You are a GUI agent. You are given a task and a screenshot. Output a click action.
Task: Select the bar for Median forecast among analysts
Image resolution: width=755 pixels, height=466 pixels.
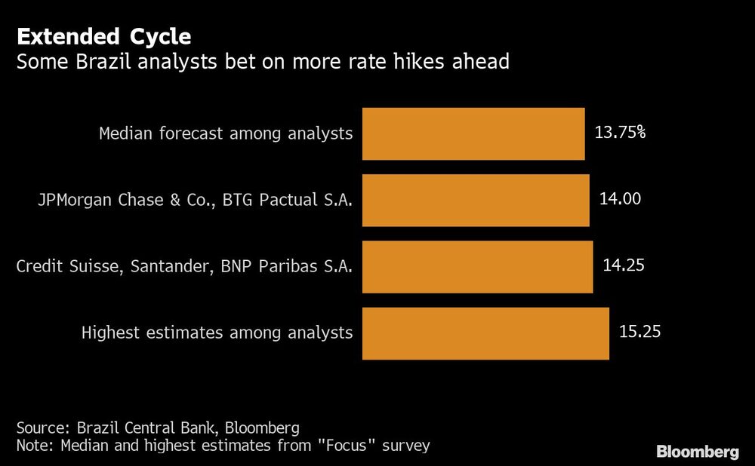pos(473,133)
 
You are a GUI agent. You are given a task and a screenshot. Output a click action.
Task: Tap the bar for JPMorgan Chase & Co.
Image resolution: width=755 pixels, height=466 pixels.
pos(476,200)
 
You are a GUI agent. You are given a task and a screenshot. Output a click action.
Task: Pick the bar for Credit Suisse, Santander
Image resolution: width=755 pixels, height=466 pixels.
pos(477,266)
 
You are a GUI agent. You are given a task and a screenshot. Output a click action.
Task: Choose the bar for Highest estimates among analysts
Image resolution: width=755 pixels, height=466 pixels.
pos(485,333)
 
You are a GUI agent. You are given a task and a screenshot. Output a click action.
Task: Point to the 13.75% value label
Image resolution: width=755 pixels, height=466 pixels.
pos(620,133)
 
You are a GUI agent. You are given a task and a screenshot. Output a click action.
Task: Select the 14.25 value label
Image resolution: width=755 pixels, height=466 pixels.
pos(623,265)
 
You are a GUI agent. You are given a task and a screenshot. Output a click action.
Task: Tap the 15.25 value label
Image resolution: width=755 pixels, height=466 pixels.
pos(639,331)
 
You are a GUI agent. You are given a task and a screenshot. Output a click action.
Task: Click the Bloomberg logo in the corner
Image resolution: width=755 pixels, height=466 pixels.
pos(697,452)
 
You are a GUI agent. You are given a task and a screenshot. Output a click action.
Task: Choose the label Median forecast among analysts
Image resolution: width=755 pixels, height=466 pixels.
pos(226,134)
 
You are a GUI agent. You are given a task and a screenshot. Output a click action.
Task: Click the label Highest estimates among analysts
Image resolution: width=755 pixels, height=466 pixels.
pos(217,333)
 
